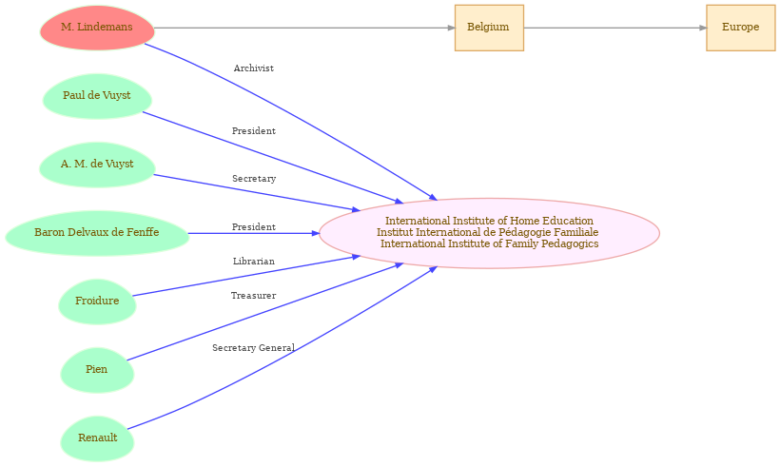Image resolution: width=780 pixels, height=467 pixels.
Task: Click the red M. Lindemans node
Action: pyautogui.click(x=97, y=28)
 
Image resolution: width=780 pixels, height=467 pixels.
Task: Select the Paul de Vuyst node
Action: pyautogui.click(x=97, y=96)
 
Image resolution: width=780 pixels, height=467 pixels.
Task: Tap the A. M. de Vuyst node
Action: pyautogui.click(x=97, y=165)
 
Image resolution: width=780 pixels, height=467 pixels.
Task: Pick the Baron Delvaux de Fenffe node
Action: pyautogui.click(x=97, y=233)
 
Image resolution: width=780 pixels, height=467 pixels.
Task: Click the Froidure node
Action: pyautogui.click(x=97, y=302)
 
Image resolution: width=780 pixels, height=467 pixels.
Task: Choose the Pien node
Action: pyautogui.click(x=97, y=370)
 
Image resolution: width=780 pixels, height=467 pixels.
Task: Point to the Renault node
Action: pyautogui.click(x=97, y=438)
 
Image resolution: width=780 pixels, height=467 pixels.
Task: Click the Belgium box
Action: pyautogui.click(x=489, y=28)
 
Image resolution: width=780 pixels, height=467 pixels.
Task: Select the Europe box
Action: pyautogui.click(x=741, y=28)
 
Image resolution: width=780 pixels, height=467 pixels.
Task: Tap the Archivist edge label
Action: pyautogui.click(x=254, y=68)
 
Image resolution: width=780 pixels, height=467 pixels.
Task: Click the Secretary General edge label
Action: pyautogui.click(x=253, y=348)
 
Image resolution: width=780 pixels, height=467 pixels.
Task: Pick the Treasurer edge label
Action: pyautogui.click(x=253, y=296)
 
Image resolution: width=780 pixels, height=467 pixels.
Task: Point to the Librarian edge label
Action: pyautogui.click(x=254, y=262)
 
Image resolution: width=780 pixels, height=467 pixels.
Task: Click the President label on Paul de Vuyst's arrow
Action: pyautogui.click(x=254, y=131)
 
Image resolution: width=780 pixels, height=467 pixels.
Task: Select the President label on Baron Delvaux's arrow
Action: pyautogui.click(x=254, y=226)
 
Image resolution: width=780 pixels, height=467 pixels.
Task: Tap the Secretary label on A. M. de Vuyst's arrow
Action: pyautogui.click(x=254, y=179)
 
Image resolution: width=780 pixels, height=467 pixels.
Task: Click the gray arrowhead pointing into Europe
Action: pyautogui.click(x=703, y=28)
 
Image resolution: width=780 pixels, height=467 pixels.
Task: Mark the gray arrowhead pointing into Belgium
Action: pyautogui.click(x=451, y=28)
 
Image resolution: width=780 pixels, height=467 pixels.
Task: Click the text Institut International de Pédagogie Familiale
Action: pyautogui.click(x=487, y=232)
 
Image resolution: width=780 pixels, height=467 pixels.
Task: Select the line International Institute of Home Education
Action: pyautogui.click(x=489, y=221)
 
